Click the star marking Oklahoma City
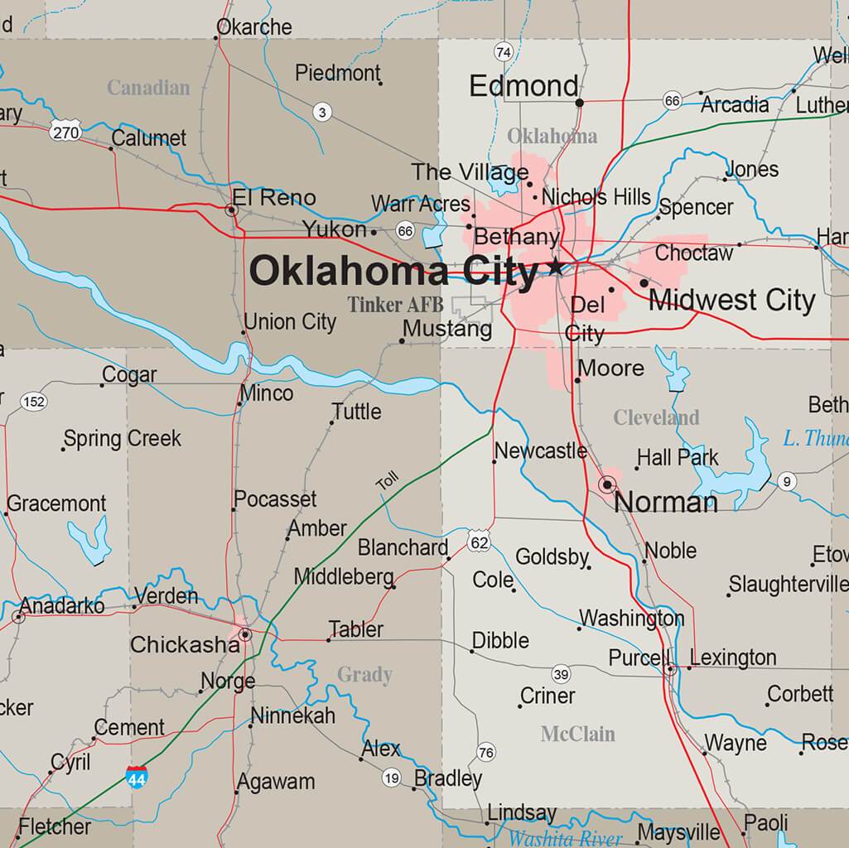[x=555, y=267]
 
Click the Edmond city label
[x=523, y=86]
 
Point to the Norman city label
[x=666, y=502]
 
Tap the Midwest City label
[x=731, y=300]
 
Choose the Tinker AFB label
[x=395, y=305]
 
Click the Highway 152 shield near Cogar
[x=33, y=402]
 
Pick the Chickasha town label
[x=184, y=644]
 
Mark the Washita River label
[x=565, y=838]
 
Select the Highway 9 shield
[x=786, y=481]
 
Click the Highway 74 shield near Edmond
[x=503, y=52]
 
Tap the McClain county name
[x=577, y=734]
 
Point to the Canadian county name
[x=148, y=88]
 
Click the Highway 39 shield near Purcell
[x=562, y=673]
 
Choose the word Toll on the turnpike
[x=387, y=480]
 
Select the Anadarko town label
[x=62, y=606]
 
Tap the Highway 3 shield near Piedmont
[x=322, y=112]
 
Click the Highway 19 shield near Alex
[x=392, y=778]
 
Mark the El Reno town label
[x=273, y=198]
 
